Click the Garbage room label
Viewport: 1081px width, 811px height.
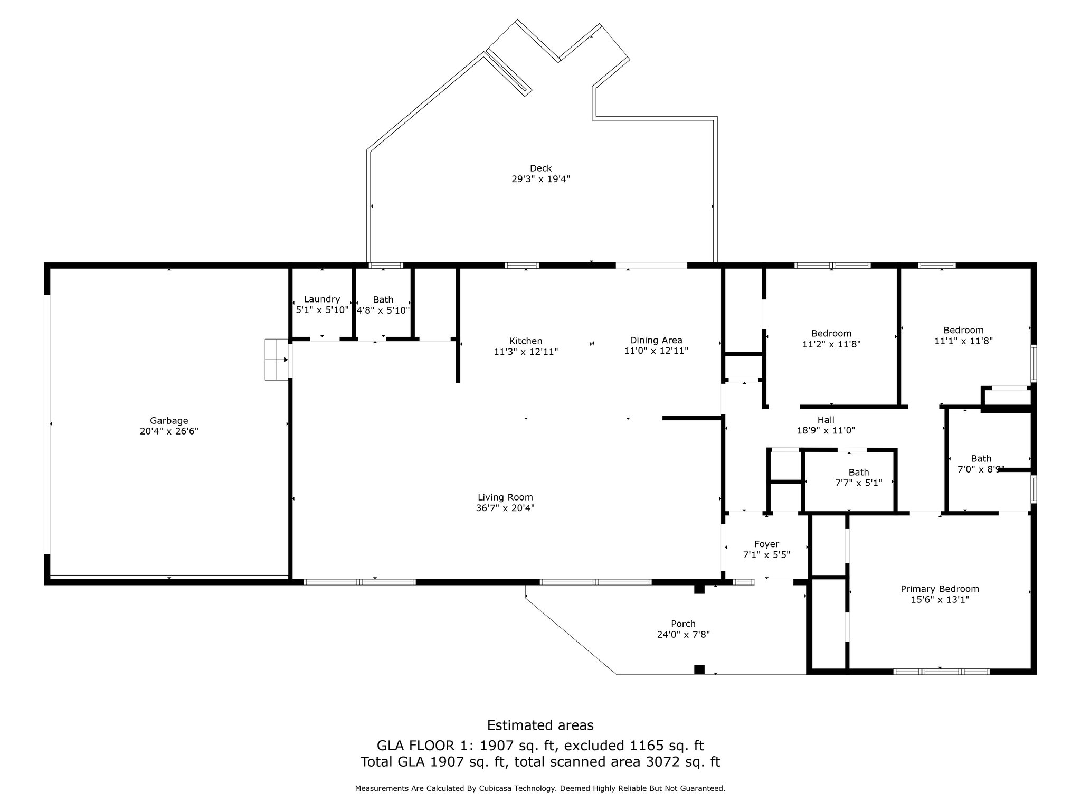pyautogui.click(x=169, y=421)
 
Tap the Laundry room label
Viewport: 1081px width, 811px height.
pyautogui.click(x=322, y=299)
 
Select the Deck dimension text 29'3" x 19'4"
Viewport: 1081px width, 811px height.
pyautogui.click(x=541, y=179)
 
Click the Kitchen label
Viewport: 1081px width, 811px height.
pyautogui.click(x=526, y=341)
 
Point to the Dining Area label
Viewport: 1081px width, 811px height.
pyautogui.click(x=656, y=341)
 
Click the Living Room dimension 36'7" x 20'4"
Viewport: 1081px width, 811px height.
pyautogui.click(x=505, y=508)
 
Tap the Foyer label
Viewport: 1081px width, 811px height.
pyautogui.click(x=766, y=544)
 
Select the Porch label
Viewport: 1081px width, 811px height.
pyautogui.click(x=684, y=624)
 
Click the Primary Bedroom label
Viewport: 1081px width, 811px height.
pyautogui.click(x=940, y=589)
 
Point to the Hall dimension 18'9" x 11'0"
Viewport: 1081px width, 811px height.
pyautogui.click(x=826, y=430)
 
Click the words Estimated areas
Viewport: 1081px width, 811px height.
pyautogui.click(x=540, y=725)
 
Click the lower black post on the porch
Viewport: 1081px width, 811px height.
pyautogui.click(x=699, y=669)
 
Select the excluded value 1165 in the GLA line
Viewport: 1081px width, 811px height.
pyautogui.click(x=647, y=745)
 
